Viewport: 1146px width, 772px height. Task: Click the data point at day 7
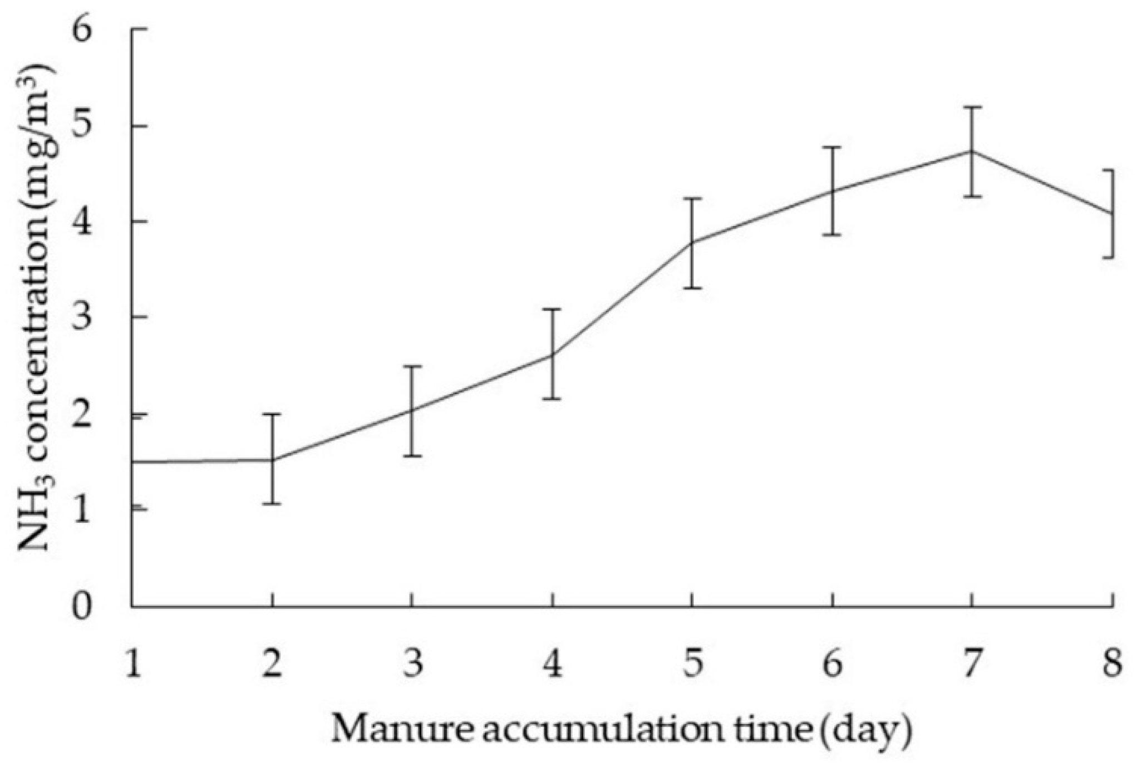(x=972, y=151)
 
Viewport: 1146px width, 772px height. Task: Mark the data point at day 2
(x=272, y=460)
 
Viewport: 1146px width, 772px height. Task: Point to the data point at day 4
(x=552, y=355)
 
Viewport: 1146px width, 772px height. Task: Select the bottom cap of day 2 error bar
(x=272, y=504)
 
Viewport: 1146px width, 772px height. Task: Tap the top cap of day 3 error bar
(x=412, y=366)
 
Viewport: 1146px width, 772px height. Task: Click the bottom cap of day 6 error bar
(x=832, y=235)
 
